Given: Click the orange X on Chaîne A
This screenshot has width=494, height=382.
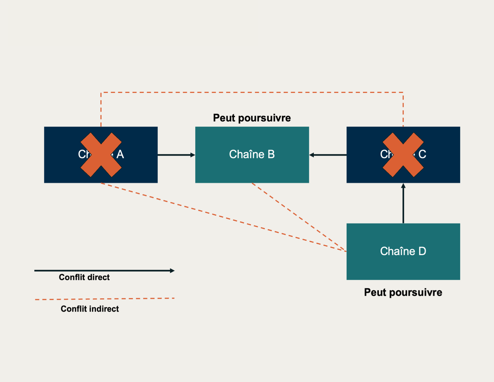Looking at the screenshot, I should point(101,154).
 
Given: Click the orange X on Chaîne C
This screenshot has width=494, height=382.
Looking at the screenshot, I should point(403,154).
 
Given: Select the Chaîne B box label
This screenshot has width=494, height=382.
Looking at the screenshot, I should point(252,154).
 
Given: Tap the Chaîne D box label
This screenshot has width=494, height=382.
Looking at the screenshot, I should point(403,251).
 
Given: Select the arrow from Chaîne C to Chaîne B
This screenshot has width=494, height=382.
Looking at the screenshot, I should point(328,155).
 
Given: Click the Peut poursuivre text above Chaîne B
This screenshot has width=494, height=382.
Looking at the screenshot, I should point(252,118).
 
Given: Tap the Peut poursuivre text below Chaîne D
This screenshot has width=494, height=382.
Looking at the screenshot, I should point(403,293).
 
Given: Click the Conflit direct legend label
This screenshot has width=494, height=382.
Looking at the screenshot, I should point(84,278).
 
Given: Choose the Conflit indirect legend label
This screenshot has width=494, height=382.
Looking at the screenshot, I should point(90,309).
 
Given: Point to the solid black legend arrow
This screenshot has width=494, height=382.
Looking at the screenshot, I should point(104,270).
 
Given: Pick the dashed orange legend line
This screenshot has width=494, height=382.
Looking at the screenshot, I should point(105,299).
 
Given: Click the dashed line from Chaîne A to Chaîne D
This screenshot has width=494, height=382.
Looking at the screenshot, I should point(222,217).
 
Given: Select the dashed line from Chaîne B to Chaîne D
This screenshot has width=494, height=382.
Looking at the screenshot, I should point(299,217).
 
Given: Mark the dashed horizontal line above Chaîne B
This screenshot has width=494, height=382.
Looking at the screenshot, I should point(252,92).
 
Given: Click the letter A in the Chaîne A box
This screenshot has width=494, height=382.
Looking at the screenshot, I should point(120,154).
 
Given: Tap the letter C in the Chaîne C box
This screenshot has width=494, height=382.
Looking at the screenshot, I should point(423,154).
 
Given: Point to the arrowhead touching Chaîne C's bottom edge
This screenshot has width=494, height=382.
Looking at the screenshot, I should point(403,186).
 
